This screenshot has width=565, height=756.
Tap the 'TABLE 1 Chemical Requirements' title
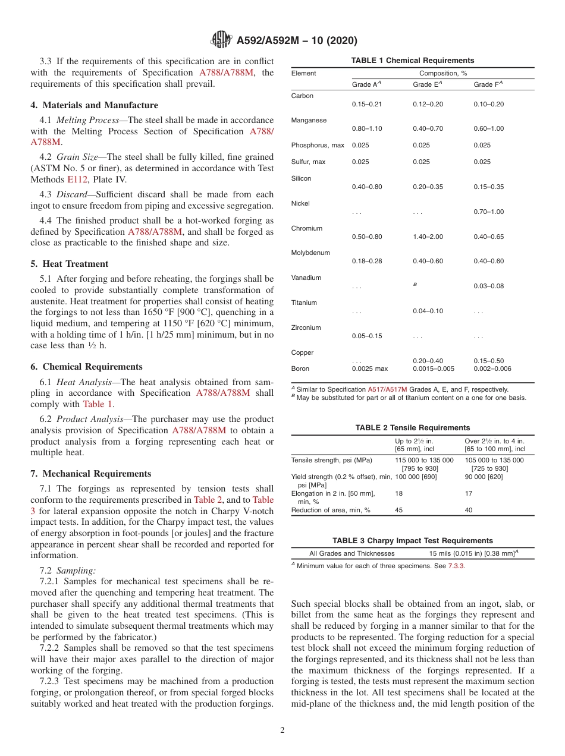tap(412, 61)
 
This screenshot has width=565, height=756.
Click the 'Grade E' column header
tap(427, 84)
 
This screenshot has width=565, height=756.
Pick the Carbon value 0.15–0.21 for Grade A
tap(367, 104)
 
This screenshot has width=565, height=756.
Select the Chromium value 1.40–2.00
tap(428, 237)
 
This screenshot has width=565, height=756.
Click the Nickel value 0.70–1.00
tap(488, 212)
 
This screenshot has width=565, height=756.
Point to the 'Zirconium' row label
tap(306, 327)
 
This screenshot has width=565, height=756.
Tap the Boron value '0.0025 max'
tap(369, 368)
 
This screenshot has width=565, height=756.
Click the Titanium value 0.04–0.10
tap(428, 311)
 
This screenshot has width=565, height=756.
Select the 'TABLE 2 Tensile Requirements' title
tap(412, 428)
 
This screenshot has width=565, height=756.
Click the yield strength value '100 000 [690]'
tap(416, 477)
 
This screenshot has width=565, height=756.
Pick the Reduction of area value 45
tap(398, 510)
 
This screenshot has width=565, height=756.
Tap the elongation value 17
tap(468, 493)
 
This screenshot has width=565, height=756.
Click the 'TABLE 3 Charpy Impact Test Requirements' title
tap(412, 541)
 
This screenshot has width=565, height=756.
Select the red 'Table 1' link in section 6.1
tap(96, 404)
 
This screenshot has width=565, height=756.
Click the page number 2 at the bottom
tap(282, 730)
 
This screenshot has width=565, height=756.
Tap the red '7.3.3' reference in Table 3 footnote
tap(456, 566)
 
